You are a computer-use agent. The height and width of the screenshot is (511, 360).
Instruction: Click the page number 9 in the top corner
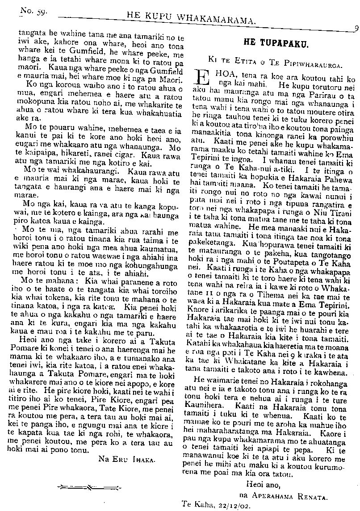pyautogui.click(x=356, y=27)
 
